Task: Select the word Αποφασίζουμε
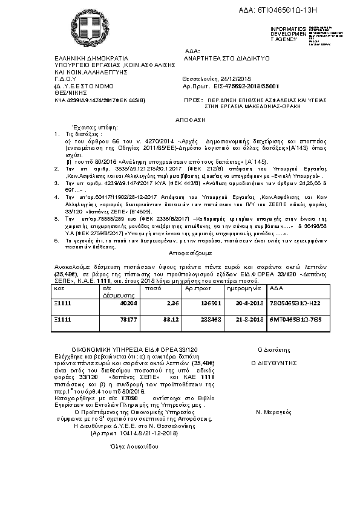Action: (x=180, y=254)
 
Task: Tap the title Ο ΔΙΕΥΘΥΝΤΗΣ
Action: (x=275, y=363)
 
